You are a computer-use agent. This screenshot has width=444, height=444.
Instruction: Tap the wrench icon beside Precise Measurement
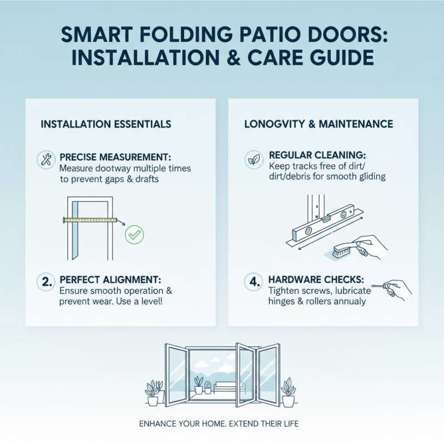tap(44, 160)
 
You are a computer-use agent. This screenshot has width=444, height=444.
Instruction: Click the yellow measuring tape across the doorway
tap(92, 220)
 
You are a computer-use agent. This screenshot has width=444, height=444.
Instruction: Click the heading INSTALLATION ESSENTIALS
tap(106, 124)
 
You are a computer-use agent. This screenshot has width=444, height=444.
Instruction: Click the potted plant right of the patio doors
tap(288, 391)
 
